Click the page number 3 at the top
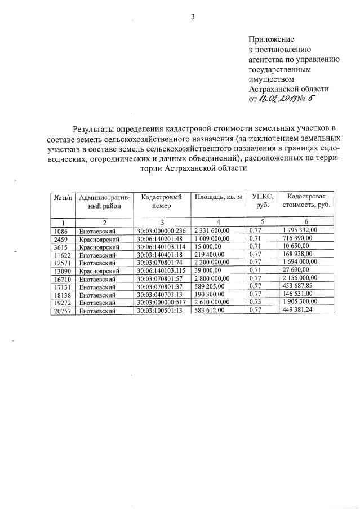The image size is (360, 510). (x=193, y=17)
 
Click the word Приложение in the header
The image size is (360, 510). (x=272, y=39)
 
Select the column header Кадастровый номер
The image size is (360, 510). (x=161, y=201)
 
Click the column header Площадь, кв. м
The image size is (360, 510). (x=218, y=197)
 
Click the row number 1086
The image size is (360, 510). (x=59, y=230)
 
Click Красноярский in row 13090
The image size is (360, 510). (x=99, y=271)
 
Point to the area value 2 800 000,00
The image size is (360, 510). (x=214, y=279)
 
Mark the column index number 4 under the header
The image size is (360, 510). (x=218, y=221)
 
